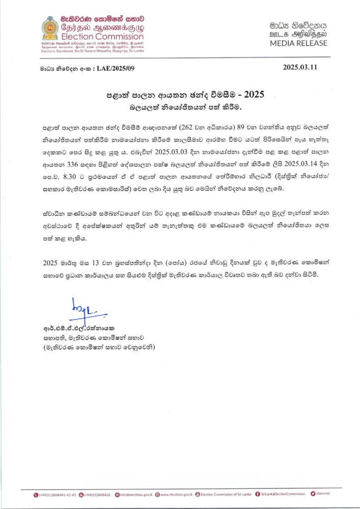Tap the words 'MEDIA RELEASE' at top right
click(x=298, y=43)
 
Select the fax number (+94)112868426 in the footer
click(x=98, y=495)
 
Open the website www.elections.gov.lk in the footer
click(x=174, y=495)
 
